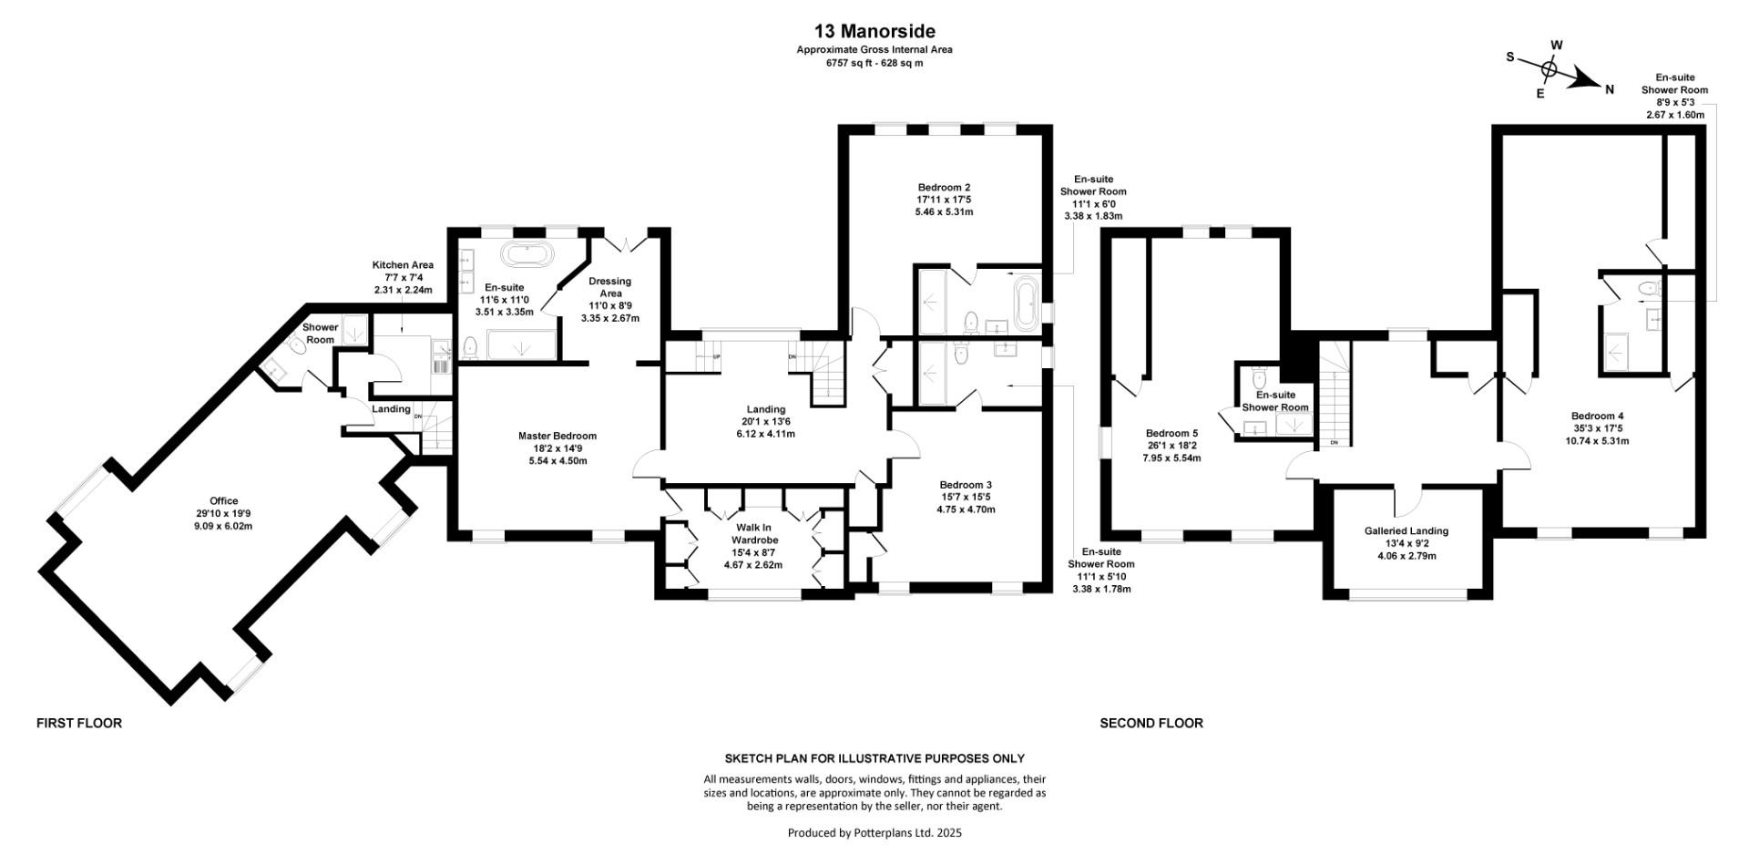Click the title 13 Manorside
coord(874,33)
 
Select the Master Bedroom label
coord(557,448)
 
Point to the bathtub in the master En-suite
coord(524,254)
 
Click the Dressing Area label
coord(610,300)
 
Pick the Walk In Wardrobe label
coord(753,546)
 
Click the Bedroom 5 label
coord(1171,446)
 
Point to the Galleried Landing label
coord(1406,543)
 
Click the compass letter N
coord(1610,89)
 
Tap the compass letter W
coord(1557,45)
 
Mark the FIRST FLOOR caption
coord(79,723)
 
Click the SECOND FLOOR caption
coord(1151,723)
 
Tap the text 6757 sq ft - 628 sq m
coord(874,63)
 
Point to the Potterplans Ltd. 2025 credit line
coord(874,832)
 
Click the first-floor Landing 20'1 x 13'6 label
coord(766,421)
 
